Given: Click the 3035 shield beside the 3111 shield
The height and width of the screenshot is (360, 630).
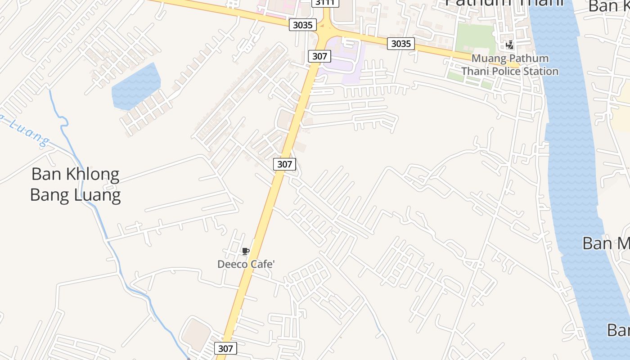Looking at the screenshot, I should (x=302, y=25).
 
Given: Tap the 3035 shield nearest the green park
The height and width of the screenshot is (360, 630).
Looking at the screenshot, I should (x=401, y=43).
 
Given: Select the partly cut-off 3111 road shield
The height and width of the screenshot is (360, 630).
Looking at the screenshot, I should (x=326, y=3).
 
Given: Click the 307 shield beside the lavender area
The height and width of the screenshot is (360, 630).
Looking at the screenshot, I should (x=320, y=56).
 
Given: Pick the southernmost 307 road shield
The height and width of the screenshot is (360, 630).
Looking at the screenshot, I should (x=225, y=348).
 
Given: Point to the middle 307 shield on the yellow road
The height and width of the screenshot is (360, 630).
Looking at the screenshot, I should (x=284, y=164).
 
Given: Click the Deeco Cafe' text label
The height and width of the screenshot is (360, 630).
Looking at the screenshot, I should (x=246, y=264).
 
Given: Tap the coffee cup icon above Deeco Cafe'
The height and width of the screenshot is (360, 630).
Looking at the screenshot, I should (x=245, y=252).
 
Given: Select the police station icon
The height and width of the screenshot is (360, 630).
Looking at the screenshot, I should (x=510, y=45).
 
